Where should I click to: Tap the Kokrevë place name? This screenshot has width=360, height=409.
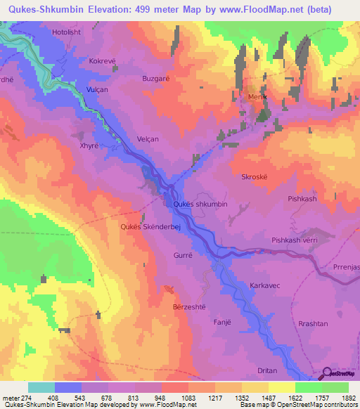[x=103, y=61]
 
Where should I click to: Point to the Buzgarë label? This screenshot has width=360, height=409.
[x=156, y=79]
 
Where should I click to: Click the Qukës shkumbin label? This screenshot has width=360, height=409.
[x=200, y=204]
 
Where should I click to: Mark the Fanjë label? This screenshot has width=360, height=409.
[x=222, y=323]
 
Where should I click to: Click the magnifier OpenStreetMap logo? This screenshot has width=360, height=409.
[x=328, y=375]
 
